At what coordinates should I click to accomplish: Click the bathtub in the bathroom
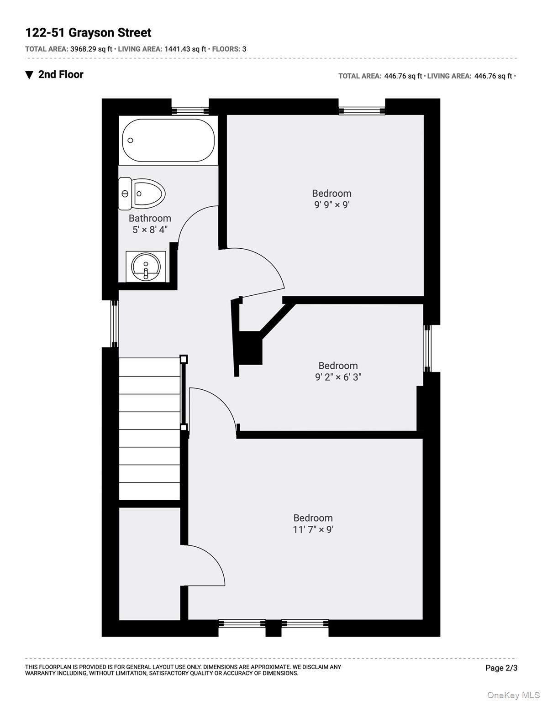[x=168, y=140]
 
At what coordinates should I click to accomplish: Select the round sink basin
[x=146, y=267]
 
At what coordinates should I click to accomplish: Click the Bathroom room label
[x=150, y=218]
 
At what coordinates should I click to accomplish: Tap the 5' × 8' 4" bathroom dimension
[x=150, y=230]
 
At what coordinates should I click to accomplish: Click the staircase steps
[x=149, y=429]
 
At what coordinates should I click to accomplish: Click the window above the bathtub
[x=190, y=110]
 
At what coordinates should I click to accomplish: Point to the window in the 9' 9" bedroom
[x=362, y=110]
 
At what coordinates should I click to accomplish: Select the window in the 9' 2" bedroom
[x=427, y=348]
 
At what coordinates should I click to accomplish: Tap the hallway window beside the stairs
[x=115, y=324]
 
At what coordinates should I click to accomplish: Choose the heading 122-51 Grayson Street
[x=88, y=33]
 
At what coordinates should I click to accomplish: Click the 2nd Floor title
[x=61, y=74]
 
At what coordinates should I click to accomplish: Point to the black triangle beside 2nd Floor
[x=29, y=75]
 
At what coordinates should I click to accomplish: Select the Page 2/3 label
[x=501, y=668]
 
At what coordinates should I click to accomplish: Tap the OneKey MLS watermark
[x=513, y=695]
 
